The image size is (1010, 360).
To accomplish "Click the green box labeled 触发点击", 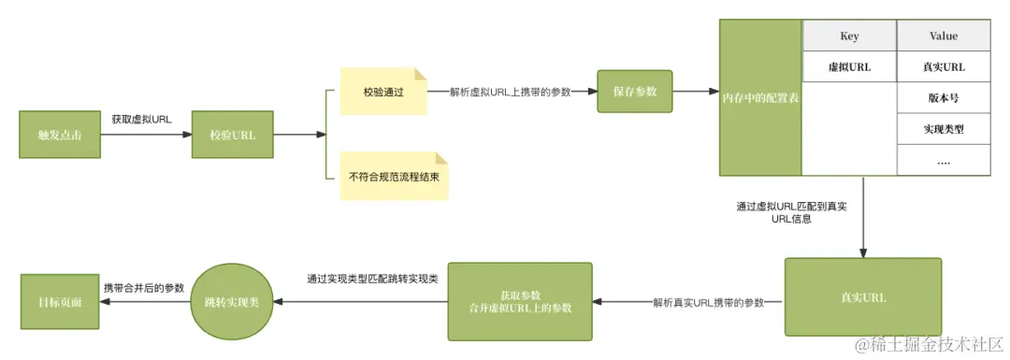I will point(59,136).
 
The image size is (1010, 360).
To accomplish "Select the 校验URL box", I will point(232,136).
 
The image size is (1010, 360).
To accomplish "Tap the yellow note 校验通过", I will point(382,92).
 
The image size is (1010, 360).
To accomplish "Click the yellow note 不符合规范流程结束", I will point(394,176).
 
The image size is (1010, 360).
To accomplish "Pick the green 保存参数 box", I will point(635,92).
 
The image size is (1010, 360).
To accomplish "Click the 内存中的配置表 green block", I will point(760,97).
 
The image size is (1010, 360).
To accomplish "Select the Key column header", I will point(849,36).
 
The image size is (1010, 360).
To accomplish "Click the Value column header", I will point(943,36).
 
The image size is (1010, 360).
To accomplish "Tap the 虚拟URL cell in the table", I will point(849,66).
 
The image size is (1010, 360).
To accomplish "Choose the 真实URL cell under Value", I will point(943,66).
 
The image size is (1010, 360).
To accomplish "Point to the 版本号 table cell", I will point(943,97).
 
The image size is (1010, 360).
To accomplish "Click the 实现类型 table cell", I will point(943,129).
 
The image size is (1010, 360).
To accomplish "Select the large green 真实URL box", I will point(863,297).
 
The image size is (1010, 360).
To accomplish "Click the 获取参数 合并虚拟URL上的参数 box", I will point(521,301).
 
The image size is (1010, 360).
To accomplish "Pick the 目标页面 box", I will point(59,302).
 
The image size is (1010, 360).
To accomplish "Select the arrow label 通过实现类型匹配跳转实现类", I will point(373,279).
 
